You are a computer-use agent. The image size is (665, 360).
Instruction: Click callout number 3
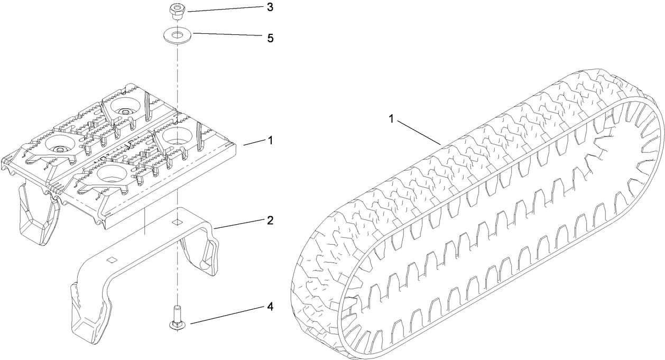pos(270,7)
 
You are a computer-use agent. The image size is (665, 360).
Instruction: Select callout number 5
pos(270,38)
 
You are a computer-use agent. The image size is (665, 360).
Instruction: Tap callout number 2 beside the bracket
pos(270,220)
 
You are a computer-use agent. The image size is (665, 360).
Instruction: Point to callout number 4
pos(270,306)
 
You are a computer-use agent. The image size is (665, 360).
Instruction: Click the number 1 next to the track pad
pos(270,141)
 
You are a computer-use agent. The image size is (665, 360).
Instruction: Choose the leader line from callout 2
pos(238,224)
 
